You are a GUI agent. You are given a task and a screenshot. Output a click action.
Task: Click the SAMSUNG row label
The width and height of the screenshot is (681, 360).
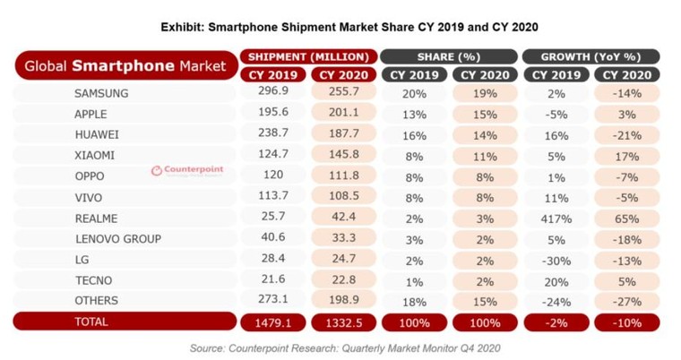(101, 93)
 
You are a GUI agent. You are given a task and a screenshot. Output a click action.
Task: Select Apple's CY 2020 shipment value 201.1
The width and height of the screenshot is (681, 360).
(345, 114)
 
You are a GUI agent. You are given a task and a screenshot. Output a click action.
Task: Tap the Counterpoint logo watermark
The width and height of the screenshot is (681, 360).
(187, 170)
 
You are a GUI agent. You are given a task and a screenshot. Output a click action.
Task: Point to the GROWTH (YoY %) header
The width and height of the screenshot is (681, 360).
(590, 56)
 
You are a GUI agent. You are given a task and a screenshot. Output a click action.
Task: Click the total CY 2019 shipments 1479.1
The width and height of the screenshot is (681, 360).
(273, 321)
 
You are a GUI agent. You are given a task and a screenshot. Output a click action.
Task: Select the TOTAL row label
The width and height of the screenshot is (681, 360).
(91, 321)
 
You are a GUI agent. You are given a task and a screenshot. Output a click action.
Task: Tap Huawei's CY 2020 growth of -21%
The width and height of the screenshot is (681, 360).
(626, 135)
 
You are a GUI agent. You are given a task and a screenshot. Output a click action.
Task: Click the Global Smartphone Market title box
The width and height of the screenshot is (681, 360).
(125, 65)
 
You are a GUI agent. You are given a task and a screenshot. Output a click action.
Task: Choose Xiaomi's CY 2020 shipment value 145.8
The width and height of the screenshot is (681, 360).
(345, 156)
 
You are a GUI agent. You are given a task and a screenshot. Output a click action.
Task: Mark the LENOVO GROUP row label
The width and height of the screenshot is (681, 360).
(118, 239)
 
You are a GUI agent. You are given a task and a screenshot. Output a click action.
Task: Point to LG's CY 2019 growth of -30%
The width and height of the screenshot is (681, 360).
(556, 260)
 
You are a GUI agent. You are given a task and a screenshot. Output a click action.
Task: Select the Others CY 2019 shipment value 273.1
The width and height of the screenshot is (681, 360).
(273, 301)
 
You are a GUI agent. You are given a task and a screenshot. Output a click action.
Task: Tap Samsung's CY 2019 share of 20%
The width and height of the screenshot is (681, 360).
(414, 93)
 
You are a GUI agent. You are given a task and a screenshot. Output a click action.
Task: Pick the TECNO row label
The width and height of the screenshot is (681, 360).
(92, 280)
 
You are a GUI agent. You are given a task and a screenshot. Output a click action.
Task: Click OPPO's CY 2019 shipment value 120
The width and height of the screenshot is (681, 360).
(273, 176)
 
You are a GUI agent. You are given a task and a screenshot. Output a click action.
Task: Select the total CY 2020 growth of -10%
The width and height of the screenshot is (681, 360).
(626, 321)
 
